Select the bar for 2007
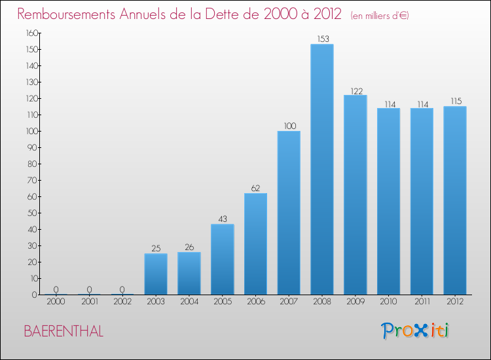(x=289, y=213)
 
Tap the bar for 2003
(x=156, y=274)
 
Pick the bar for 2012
(x=455, y=200)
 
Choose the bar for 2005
(x=223, y=259)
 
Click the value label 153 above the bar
(x=322, y=39)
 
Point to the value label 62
(x=255, y=188)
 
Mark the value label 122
(x=355, y=90)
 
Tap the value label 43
(x=223, y=219)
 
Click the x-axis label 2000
(x=56, y=302)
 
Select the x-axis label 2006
(x=255, y=302)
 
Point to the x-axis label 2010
(x=388, y=302)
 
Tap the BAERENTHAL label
(x=64, y=331)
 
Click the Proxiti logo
(x=416, y=331)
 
